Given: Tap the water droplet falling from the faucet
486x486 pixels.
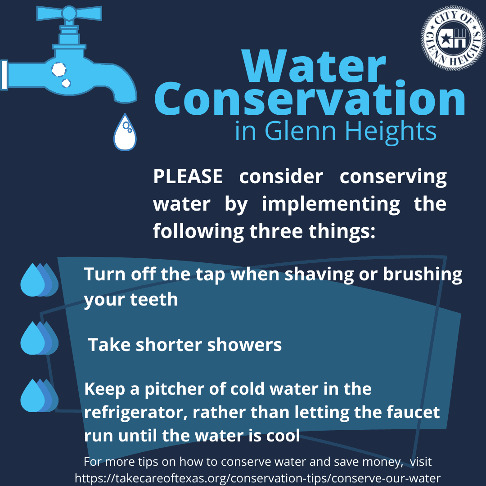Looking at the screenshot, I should pyautogui.click(x=125, y=133).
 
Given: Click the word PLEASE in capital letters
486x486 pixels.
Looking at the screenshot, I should pyautogui.click(x=188, y=177).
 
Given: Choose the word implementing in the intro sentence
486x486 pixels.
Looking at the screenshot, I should pyautogui.click(x=331, y=204).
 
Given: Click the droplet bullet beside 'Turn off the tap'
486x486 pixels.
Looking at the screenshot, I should pyautogui.click(x=39, y=280).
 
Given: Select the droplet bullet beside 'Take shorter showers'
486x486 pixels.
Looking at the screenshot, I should pyautogui.click(x=39, y=338).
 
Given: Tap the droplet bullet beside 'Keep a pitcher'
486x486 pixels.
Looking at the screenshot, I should pyautogui.click(x=39, y=396).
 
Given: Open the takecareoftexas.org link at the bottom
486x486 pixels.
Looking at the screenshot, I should pyautogui.click(x=257, y=477).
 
